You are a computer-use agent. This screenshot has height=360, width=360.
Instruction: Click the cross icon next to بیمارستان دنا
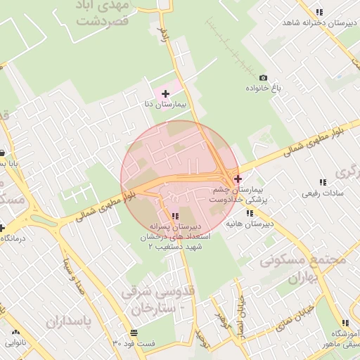[x=165, y=93]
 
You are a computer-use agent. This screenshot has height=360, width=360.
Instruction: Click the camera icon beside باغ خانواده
[x=263, y=77]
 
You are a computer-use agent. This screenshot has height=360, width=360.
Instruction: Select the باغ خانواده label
[x=263, y=89]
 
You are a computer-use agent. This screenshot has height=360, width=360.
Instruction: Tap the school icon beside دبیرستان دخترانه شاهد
[x=319, y=12]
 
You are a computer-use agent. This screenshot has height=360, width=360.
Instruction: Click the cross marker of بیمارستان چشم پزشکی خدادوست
[x=238, y=179]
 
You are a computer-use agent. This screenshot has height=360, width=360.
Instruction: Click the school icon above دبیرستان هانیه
[x=249, y=213]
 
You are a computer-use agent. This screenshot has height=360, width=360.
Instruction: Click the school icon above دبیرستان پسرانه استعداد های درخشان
[x=175, y=216]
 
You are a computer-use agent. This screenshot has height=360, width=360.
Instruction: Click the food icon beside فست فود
[x=134, y=333]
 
